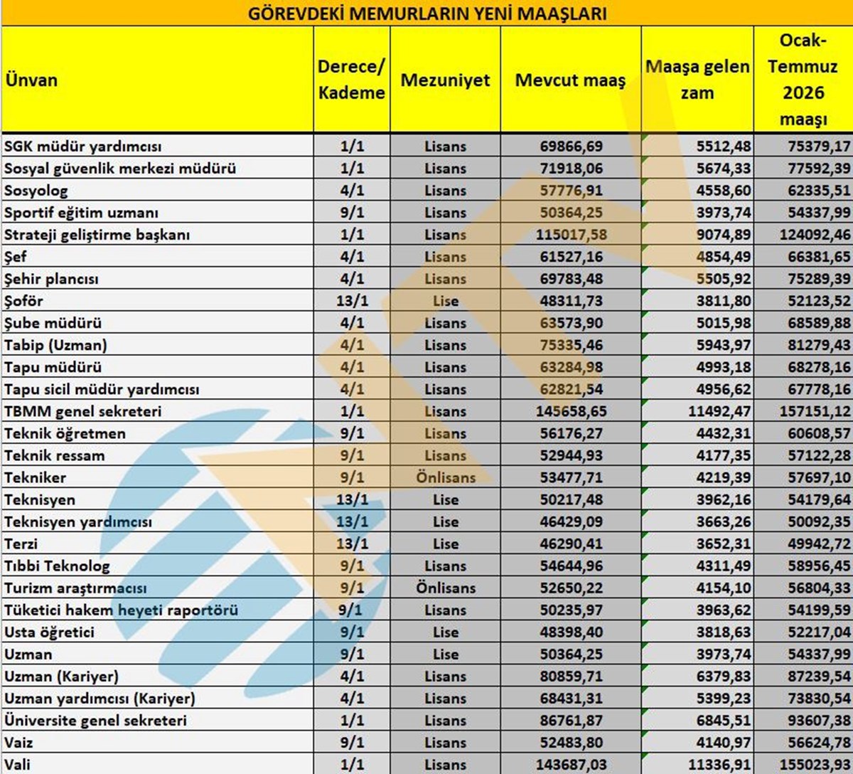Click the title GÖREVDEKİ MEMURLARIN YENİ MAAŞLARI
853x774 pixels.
pos(426,14)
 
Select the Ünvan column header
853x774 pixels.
pos(31,80)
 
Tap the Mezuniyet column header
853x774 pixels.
pos(445,80)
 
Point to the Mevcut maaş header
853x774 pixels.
pos(570,80)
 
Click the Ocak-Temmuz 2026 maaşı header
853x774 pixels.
pos(803,80)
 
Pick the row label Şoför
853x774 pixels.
pos(24,301)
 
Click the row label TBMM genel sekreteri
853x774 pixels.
pos(83,411)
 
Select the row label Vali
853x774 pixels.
pos(18,764)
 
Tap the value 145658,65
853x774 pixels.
pos(572,411)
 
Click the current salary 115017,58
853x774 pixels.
pos(572,235)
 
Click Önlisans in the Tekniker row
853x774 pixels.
pos(446,477)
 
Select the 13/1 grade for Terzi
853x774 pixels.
pos(352,544)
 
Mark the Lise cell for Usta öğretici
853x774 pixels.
pos(446,632)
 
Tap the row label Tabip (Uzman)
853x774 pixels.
pos(55,345)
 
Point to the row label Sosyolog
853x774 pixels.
pos(36,191)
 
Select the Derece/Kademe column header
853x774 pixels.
pos(351,80)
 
